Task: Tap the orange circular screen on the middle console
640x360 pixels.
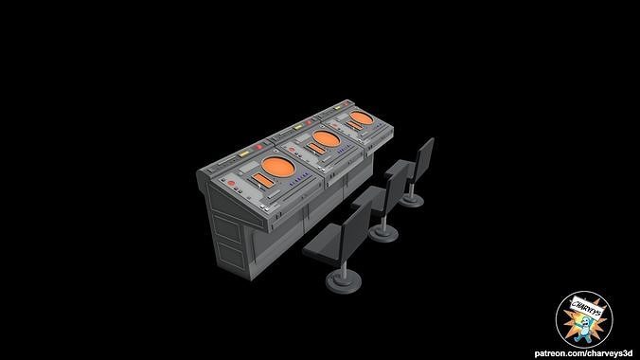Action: click(x=325, y=140)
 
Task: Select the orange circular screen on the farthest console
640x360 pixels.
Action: click(x=359, y=117)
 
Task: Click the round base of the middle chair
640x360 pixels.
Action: click(x=383, y=232)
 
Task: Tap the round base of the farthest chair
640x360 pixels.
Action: click(x=410, y=201)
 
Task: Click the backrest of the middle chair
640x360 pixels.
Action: click(x=396, y=186)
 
